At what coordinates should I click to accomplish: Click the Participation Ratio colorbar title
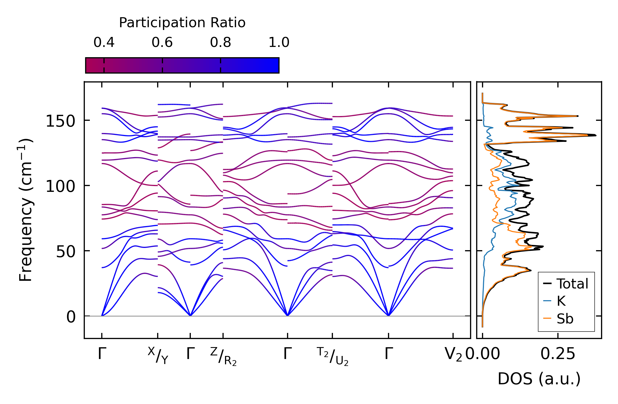(182, 23)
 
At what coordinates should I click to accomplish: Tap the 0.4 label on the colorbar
(104, 42)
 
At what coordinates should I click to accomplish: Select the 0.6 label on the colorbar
(162, 42)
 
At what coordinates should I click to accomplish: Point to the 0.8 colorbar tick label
(221, 42)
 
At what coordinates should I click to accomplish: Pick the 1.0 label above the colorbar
(279, 42)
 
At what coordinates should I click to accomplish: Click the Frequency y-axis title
(26, 210)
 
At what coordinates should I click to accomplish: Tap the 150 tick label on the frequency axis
(60, 121)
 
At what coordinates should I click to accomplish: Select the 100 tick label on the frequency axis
(60, 186)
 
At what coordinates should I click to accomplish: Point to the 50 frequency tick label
(66, 252)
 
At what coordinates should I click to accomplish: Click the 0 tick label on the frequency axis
(71, 317)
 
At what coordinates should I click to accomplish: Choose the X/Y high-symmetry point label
(158, 355)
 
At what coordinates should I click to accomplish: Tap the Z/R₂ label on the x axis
(223, 356)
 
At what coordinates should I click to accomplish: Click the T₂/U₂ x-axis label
(332, 356)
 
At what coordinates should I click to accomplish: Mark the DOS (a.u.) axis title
(539, 379)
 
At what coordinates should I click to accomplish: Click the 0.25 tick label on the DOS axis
(558, 354)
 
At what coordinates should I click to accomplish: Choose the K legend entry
(561, 301)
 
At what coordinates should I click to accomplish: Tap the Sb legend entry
(565, 318)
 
